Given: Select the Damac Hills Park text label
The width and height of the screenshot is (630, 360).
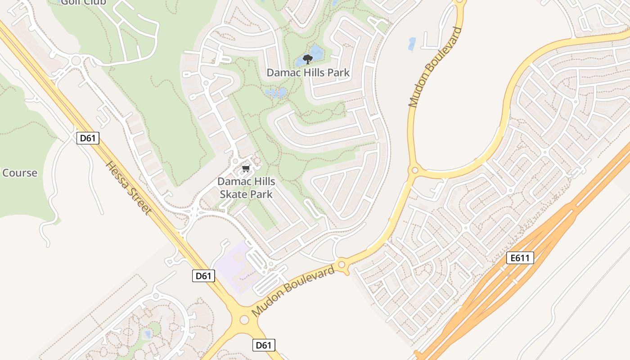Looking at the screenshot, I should click(x=308, y=72).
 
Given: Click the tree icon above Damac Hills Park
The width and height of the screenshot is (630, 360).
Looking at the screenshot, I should click(x=308, y=59).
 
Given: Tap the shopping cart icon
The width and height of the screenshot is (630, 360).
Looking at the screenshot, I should click(x=246, y=169).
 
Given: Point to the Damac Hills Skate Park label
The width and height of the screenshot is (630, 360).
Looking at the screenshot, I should click(x=246, y=188).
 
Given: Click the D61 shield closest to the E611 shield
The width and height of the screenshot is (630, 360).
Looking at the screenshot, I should click(x=263, y=345).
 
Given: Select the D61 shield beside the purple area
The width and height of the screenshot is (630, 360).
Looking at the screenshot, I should click(x=203, y=276).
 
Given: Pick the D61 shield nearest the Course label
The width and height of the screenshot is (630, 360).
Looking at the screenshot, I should click(x=88, y=138).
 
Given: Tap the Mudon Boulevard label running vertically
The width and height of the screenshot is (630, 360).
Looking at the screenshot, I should click(x=435, y=67).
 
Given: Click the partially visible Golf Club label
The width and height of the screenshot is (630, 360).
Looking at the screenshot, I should click(x=83, y=3).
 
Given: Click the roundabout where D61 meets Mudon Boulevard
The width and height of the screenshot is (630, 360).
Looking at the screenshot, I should click(x=244, y=319).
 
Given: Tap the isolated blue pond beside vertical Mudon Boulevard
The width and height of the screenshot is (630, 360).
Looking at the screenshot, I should click(x=412, y=44).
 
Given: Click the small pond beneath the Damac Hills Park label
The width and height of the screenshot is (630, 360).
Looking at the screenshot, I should click(x=276, y=93).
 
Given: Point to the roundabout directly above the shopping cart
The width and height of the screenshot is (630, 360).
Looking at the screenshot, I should click(x=235, y=161).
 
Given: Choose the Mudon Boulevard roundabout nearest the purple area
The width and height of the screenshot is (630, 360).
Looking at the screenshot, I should click(x=342, y=265).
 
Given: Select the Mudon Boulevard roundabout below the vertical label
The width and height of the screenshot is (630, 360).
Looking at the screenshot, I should click(x=414, y=171).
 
